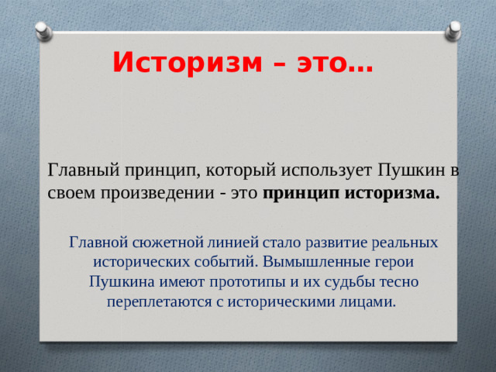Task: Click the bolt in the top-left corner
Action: (43, 30)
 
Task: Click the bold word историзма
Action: (394, 193)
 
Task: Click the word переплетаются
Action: (150, 302)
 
